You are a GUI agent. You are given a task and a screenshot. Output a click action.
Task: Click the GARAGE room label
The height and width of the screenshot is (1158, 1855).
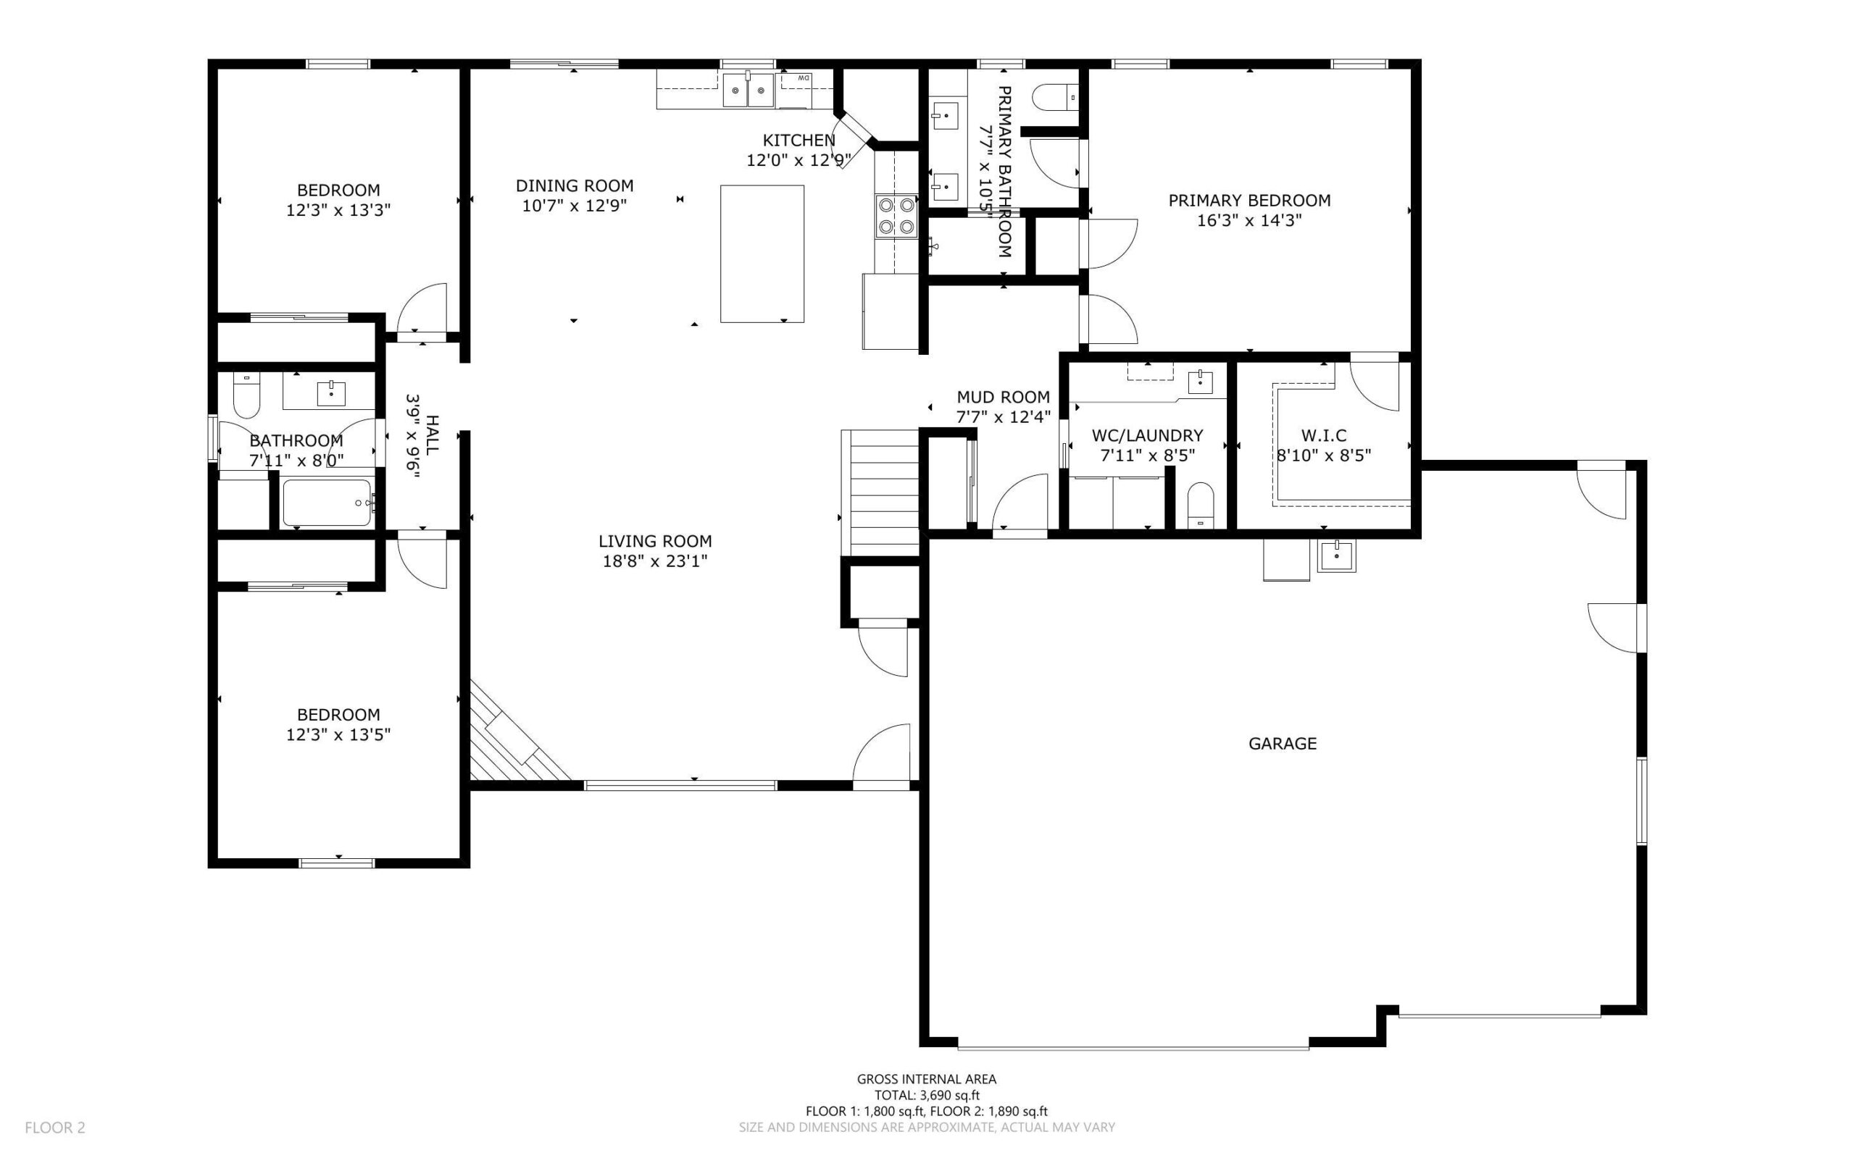click(x=1282, y=743)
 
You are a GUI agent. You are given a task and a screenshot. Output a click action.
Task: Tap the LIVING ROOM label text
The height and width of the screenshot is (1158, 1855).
click(x=655, y=541)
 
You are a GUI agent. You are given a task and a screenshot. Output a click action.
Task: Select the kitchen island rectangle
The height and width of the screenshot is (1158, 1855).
click(x=762, y=253)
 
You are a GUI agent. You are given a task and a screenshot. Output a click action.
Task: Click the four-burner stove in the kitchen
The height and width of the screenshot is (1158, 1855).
click(x=896, y=215)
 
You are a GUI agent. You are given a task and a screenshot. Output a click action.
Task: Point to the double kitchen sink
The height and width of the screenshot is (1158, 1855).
click(x=749, y=91)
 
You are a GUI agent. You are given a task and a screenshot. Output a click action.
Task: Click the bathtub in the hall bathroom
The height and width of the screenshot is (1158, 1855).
click(x=328, y=503)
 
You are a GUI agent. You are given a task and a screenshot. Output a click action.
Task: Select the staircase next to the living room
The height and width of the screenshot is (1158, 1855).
click(x=880, y=492)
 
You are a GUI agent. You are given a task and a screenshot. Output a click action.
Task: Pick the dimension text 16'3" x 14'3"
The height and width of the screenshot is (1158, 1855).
click(x=1249, y=221)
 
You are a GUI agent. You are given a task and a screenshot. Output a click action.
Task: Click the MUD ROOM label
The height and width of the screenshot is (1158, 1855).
click(x=1003, y=397)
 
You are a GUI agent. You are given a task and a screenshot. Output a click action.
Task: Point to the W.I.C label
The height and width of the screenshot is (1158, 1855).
click(x=1323, y=435)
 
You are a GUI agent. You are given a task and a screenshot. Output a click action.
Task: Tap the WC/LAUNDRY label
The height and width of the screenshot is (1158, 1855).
click(x=1147, y=435)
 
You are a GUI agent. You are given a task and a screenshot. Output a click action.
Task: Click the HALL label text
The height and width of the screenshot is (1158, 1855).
click(x=432, y=435)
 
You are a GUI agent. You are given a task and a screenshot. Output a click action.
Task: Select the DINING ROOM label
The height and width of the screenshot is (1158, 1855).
click(x=574, y=185)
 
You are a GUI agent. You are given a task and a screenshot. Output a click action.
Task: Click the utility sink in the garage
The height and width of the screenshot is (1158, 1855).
click(x=1336, y=555)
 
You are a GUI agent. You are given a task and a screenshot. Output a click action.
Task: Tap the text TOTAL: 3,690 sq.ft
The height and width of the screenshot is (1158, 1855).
click(x=926, y=1095)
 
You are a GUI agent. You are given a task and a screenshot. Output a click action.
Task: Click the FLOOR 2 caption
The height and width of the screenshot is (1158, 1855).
click(x=55, y=1128)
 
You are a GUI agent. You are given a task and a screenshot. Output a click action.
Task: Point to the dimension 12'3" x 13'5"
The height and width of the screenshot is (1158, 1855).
click(x=338, y=734)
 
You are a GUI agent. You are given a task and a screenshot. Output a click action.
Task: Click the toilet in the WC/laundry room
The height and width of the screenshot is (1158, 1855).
click(x=1200, y=505)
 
